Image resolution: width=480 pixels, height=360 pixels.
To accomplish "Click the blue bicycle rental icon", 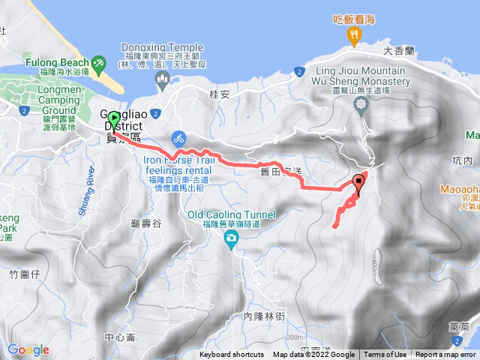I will pyautogui.click(x=178, y=138).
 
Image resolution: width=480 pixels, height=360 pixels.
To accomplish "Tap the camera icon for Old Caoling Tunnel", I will pyautogui.click(x=231, y=239).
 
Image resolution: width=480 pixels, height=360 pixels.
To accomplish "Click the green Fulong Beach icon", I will pyautogui.click(x=99, y=62).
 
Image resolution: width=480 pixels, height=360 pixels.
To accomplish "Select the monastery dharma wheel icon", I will pyautogui.click(x=362, y=106).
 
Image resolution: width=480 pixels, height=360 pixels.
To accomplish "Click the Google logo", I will pyautogui.click(x=28, y=349).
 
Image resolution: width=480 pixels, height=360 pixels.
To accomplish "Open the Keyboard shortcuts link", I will pyautogui.click(x=232, y=355).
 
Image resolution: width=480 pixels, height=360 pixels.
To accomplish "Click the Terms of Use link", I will pyautogui.click(x=385, y=355).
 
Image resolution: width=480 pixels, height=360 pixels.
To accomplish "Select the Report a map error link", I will pyautogui.click(x=445, y=355).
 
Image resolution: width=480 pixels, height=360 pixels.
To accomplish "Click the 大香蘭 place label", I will pyautogui.click(x=399, y=52).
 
